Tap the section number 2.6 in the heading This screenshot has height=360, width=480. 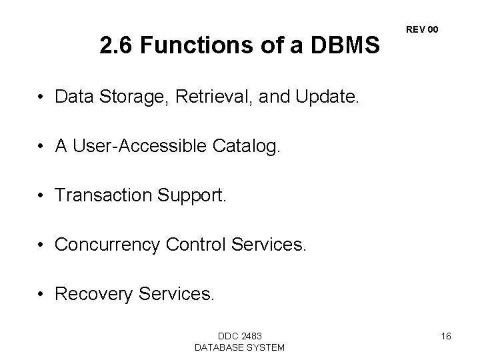[x=114, y=45]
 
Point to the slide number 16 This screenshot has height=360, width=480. [x=446, y=336]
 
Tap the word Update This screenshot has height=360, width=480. [x=327, y=98]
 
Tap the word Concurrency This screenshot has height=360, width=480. [x=107, y=245]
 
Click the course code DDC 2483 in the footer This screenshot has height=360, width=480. [x=239, y=335]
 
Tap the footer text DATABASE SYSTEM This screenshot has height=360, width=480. [x=239, y=347]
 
